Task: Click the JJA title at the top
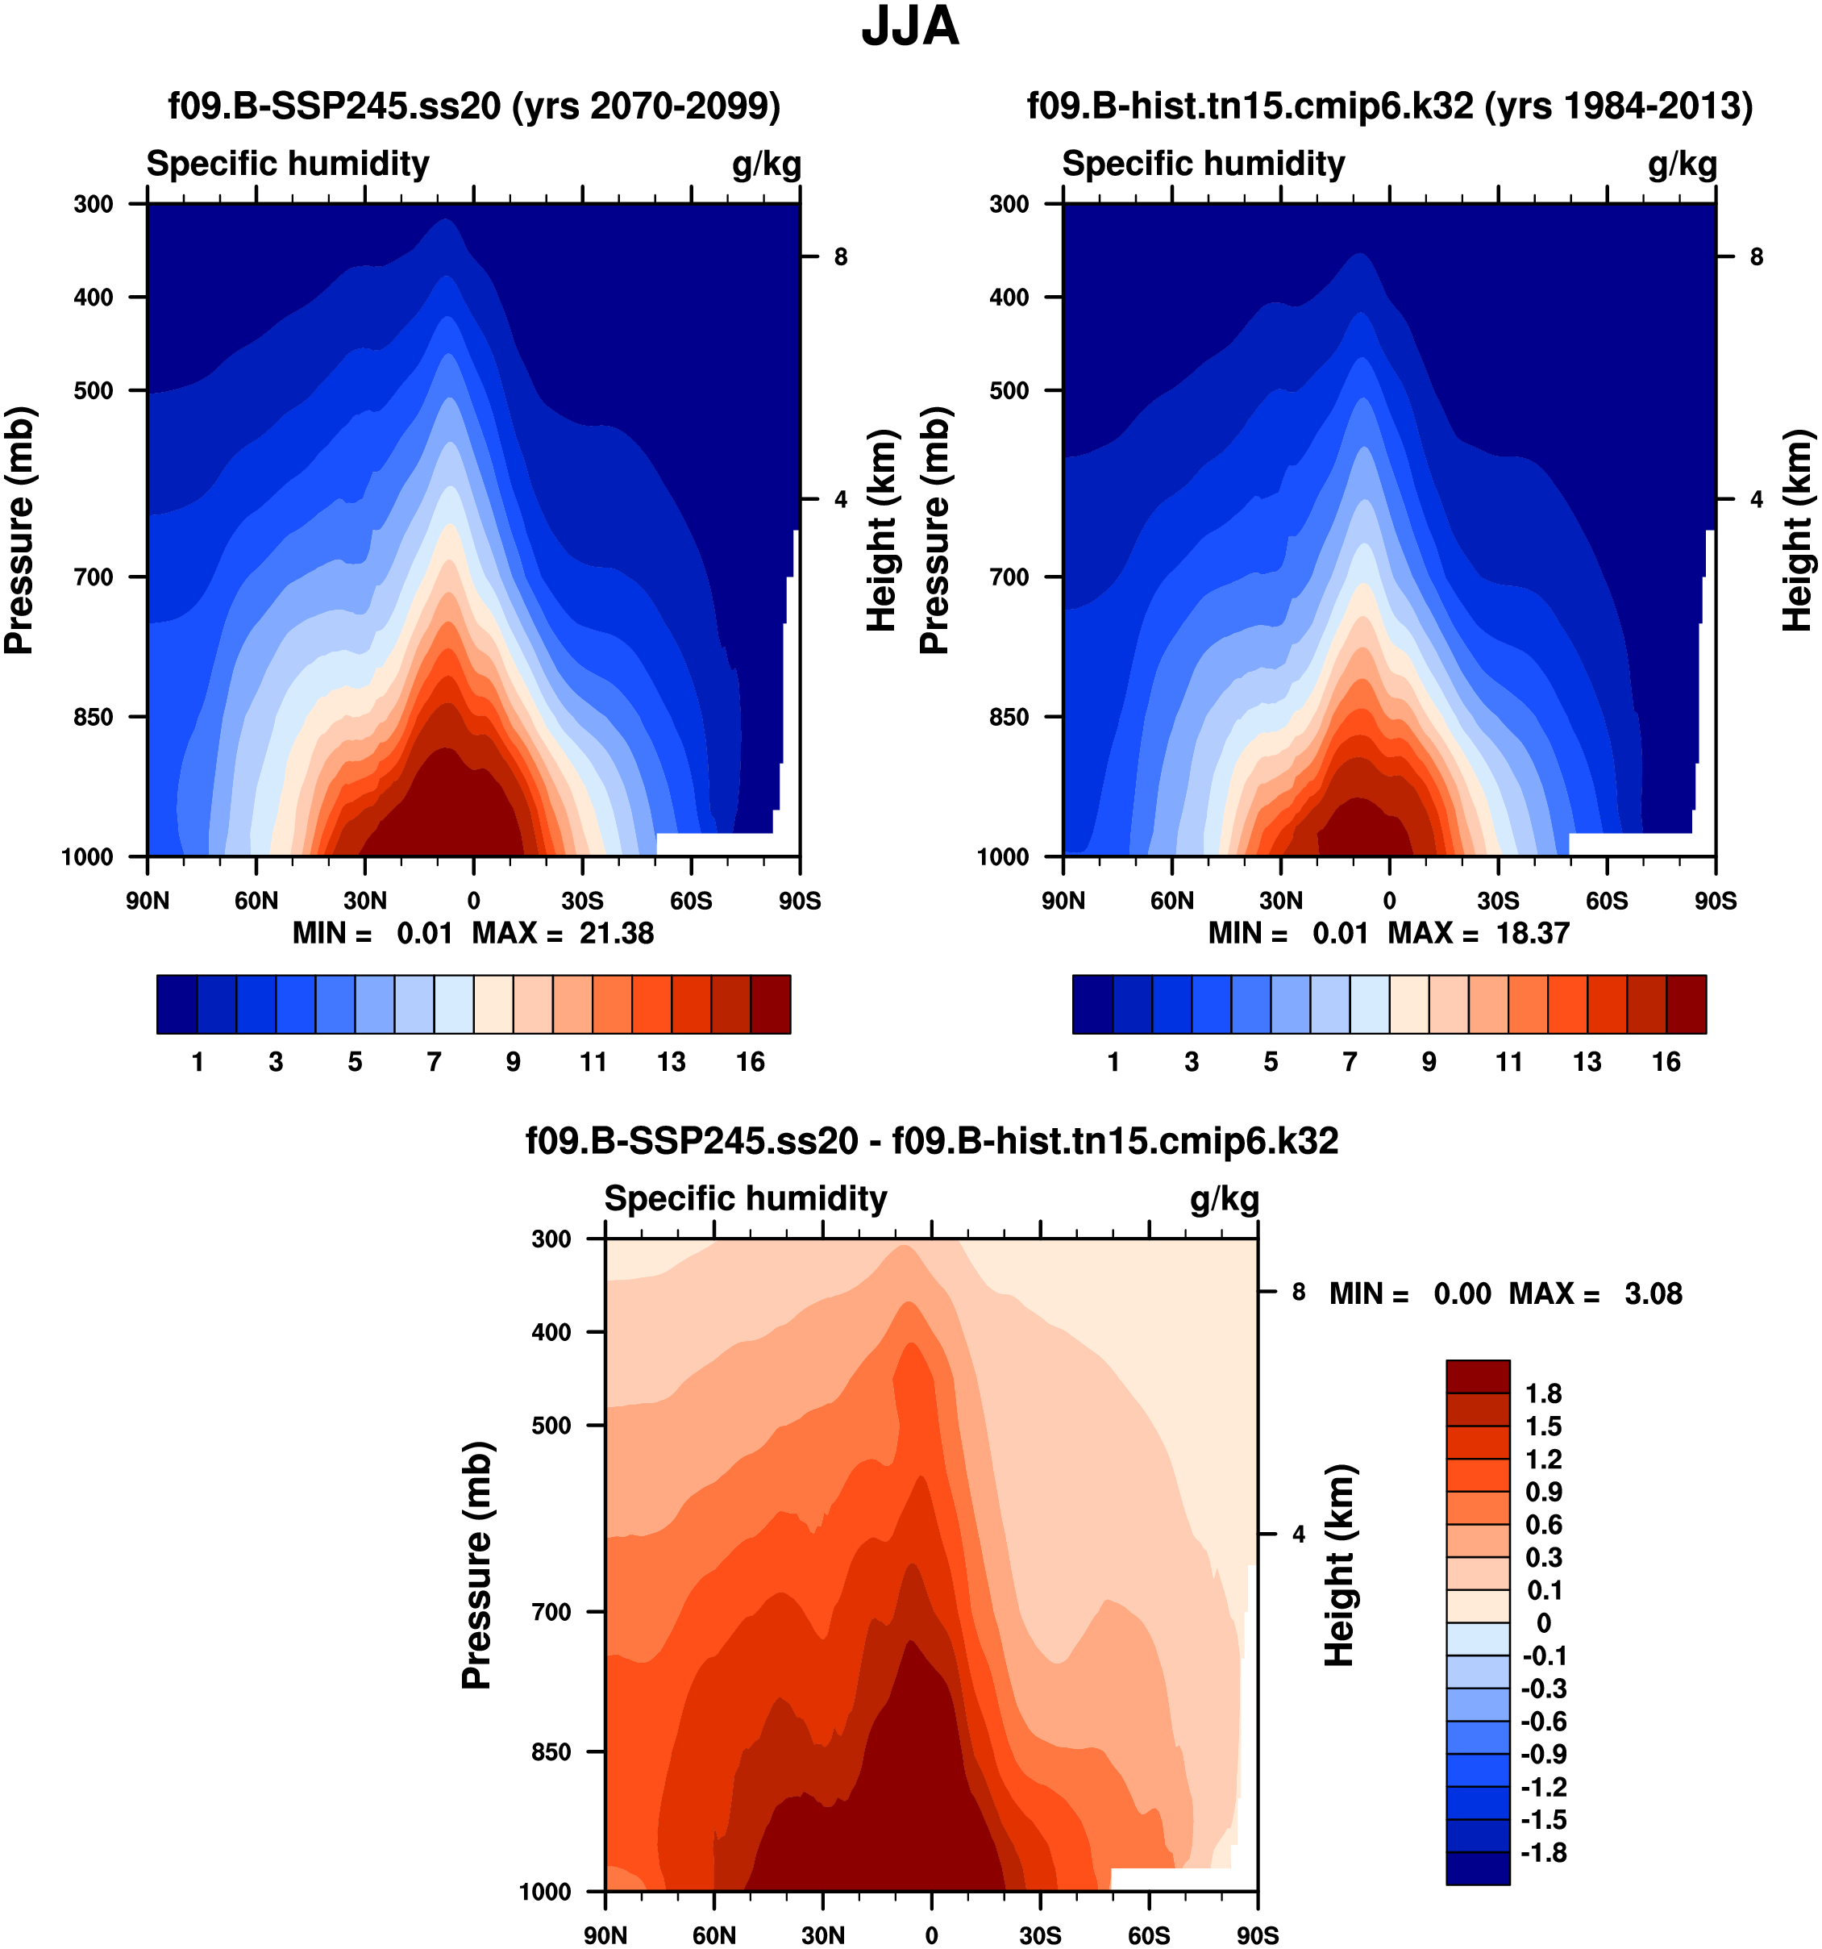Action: click(909, 27)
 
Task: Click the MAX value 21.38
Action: click(615, 932)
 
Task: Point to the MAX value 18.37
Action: click(1532, 932)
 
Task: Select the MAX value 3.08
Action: click(1653, 1293)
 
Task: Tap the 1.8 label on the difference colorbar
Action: click(1543, 1393)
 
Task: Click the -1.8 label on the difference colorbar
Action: click(1543, 1852)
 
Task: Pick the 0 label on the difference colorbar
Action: click(1544, 1622)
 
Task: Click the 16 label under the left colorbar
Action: click(750, 1062)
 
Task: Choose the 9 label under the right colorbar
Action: click(1429, 1062)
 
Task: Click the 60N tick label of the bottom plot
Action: click(713, 1935)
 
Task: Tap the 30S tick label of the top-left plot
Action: click(582, 900)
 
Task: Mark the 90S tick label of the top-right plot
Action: click(1715, 900)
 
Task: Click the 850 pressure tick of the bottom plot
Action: click(551, 1751)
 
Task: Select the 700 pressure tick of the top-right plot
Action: click(1009, 577)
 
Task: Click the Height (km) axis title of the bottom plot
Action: click(1340, 1566)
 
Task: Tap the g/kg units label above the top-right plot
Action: click(1682, 164)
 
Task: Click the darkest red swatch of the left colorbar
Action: click(771, 1004)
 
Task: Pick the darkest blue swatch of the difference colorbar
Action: click(1477, 1868)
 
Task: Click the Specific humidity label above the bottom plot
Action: click(745, 1198)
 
